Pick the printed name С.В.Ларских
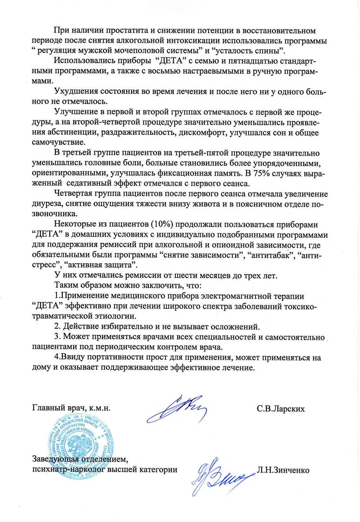tap(280, 409)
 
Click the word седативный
tap(87, 183)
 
